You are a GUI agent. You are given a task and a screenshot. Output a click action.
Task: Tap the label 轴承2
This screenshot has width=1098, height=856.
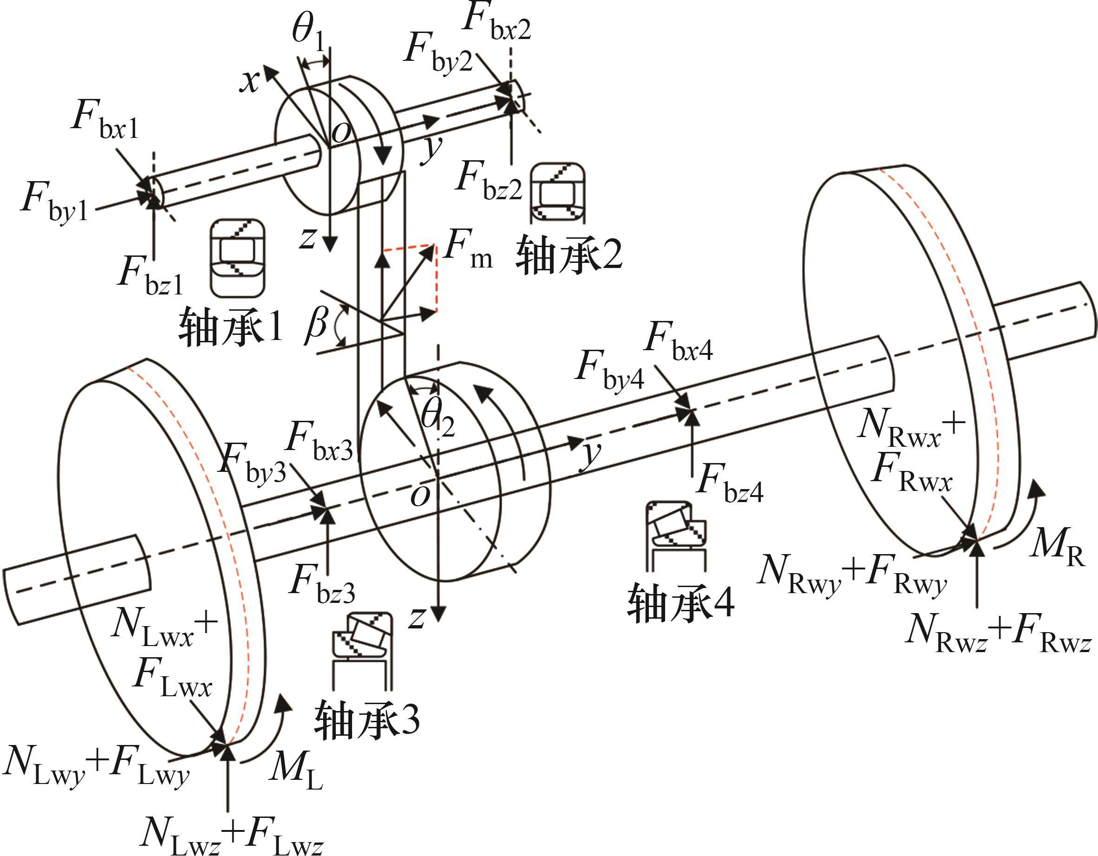pyautogui.click(x=569, y=255)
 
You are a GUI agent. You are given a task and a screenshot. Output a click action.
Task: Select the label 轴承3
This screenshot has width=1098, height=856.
pyautogui.click(x=366, y=720)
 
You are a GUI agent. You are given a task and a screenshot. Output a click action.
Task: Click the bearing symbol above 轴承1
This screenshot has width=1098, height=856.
pyautogui.click(x=237, y=257)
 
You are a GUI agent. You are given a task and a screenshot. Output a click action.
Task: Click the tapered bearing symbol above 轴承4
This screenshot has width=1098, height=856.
pyautogui.click(x=676, y=534)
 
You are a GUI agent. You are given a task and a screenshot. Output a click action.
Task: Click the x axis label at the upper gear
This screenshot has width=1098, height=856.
pyautogui.click(x=249, y=80)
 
